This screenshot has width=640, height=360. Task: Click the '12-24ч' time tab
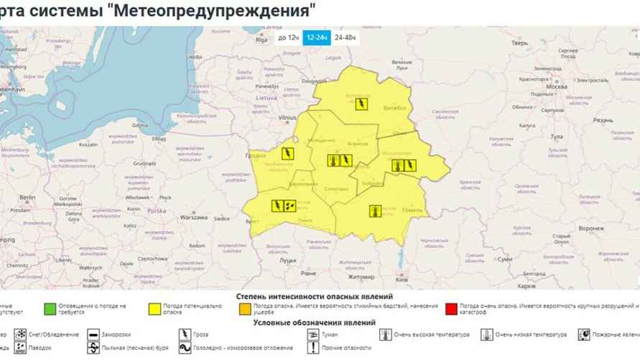tap(316, 37)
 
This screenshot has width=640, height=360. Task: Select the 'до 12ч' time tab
tap(288, 37)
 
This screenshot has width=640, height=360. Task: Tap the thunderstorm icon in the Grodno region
tap(287, 154)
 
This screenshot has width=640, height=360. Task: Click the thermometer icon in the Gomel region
tap(375, 211)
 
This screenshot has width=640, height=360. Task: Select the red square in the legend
tap(452, 308)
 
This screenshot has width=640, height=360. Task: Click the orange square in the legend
tap(245, 308)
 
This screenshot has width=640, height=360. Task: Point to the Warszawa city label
tap(193, 216)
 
